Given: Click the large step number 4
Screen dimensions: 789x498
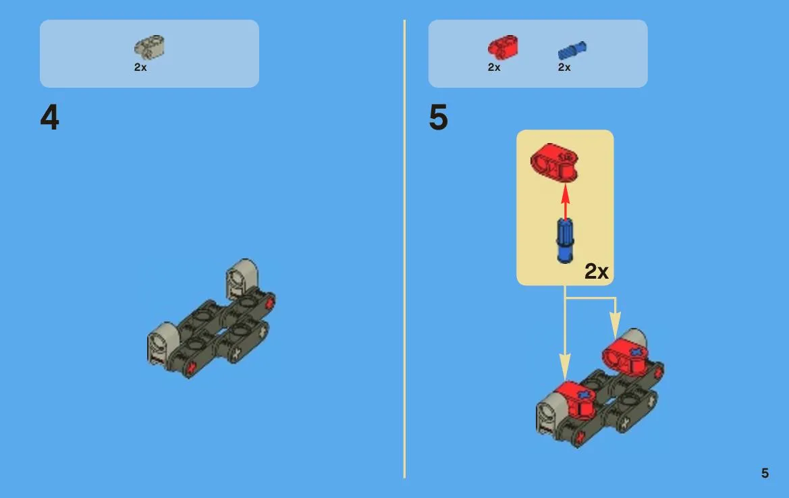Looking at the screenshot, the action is tap(49, 117).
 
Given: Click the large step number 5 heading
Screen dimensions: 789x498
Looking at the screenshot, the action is tap(438, 117).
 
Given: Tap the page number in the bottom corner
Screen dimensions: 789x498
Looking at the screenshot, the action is tap(765, 473).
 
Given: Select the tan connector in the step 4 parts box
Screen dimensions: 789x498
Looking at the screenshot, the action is tap(149, 47).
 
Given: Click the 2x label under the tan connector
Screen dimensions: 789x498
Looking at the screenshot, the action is tap(140, 67).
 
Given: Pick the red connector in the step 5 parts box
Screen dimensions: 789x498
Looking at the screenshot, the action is tap(503, 47).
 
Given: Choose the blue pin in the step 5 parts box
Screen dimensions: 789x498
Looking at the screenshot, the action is tap(572, 51).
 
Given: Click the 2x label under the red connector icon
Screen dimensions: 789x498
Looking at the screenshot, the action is tap(494, 67).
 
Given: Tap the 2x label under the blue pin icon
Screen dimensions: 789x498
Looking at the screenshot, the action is tap(564, 67).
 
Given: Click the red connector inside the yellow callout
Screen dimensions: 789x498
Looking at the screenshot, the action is tap(554, 163).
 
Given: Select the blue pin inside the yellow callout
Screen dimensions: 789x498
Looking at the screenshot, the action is tap(565, 240).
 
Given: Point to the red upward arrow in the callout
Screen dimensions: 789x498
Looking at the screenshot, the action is tap(565, 201).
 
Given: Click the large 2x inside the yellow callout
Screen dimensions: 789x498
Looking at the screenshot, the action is tap(596, 272).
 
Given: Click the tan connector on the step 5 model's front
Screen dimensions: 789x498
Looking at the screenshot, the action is tap(549, 414).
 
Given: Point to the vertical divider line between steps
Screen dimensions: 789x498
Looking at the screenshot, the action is tap(404, 249).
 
